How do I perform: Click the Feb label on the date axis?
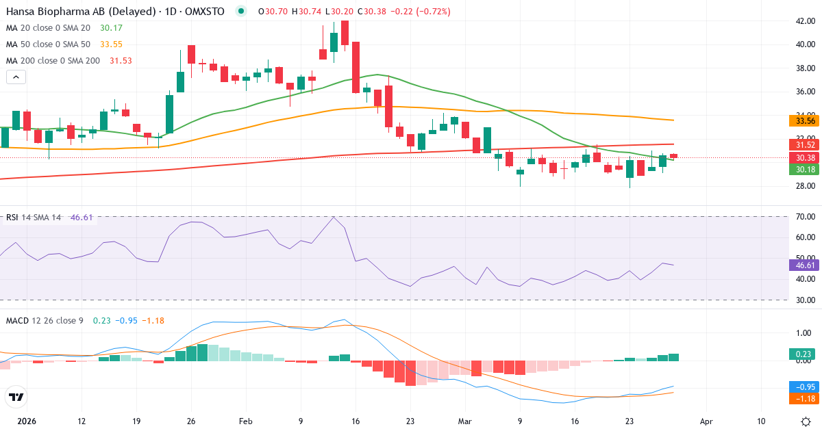click(x=246, y=421)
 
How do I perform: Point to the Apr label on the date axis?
click(x=707, y=421)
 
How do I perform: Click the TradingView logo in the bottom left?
click(x=16, y=397)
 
